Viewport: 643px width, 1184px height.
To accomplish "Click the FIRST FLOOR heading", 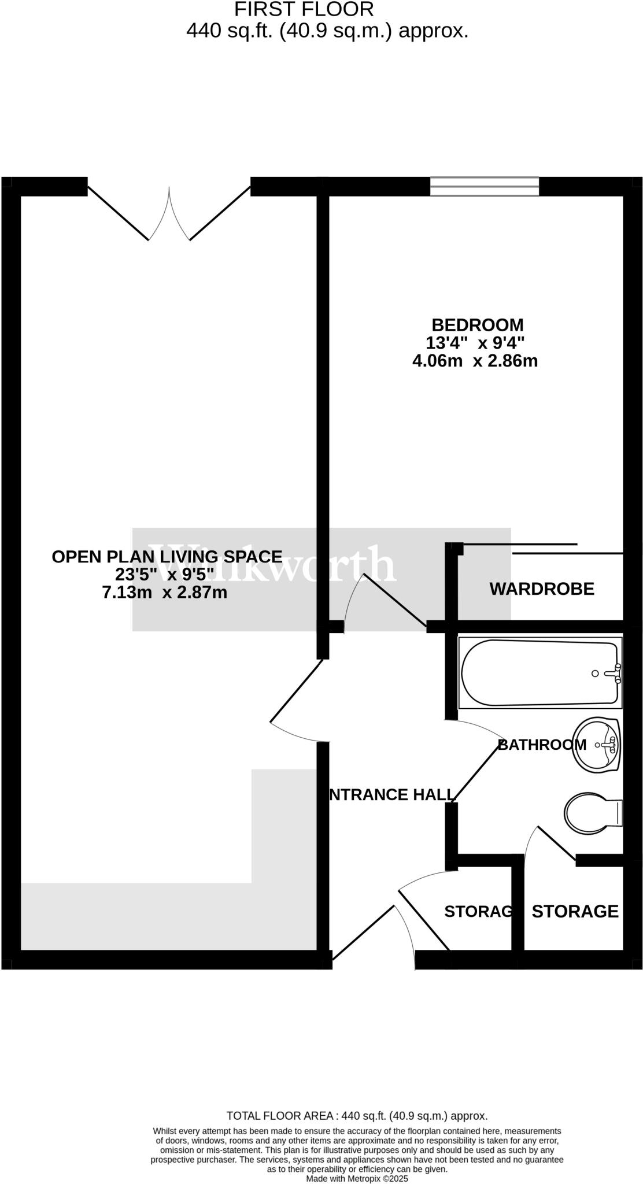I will pyautogui.click(x=304, y=9).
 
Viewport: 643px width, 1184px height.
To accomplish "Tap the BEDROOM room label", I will pyautogui.click(x=477, y=324).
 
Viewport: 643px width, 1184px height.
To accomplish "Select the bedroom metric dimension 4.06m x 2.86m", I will pyautogui.click(x=475, y=361).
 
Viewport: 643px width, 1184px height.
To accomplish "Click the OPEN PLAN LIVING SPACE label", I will pyautogui.click(x=167, y=557).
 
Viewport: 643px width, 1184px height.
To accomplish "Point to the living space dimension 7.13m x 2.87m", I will pyautogui.click(x=165, y=593).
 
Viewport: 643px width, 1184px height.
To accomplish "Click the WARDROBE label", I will pyautogui.click(x=542, y=589).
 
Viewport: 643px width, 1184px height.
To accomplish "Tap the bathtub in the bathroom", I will pyautogui.click(x=538, y=673).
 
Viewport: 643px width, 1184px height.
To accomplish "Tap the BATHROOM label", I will pyautogui.click(x=541, y=745).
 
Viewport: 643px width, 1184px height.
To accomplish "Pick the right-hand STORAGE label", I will pyautogui.click(x=575, y=912).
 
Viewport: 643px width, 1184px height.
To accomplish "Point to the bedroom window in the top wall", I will pyautogui.click(x=485, y=187).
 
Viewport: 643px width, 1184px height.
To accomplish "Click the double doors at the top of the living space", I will pyautogui.click(x=169, y=214).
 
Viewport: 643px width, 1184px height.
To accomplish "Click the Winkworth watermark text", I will pyautogui.click(x=272, y=564).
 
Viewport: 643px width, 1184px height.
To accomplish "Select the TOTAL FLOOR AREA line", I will pyautogui.click(x=357, y=1116).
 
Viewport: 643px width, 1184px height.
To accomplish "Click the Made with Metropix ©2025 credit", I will pyautogui.click(x=357, y=1178).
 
